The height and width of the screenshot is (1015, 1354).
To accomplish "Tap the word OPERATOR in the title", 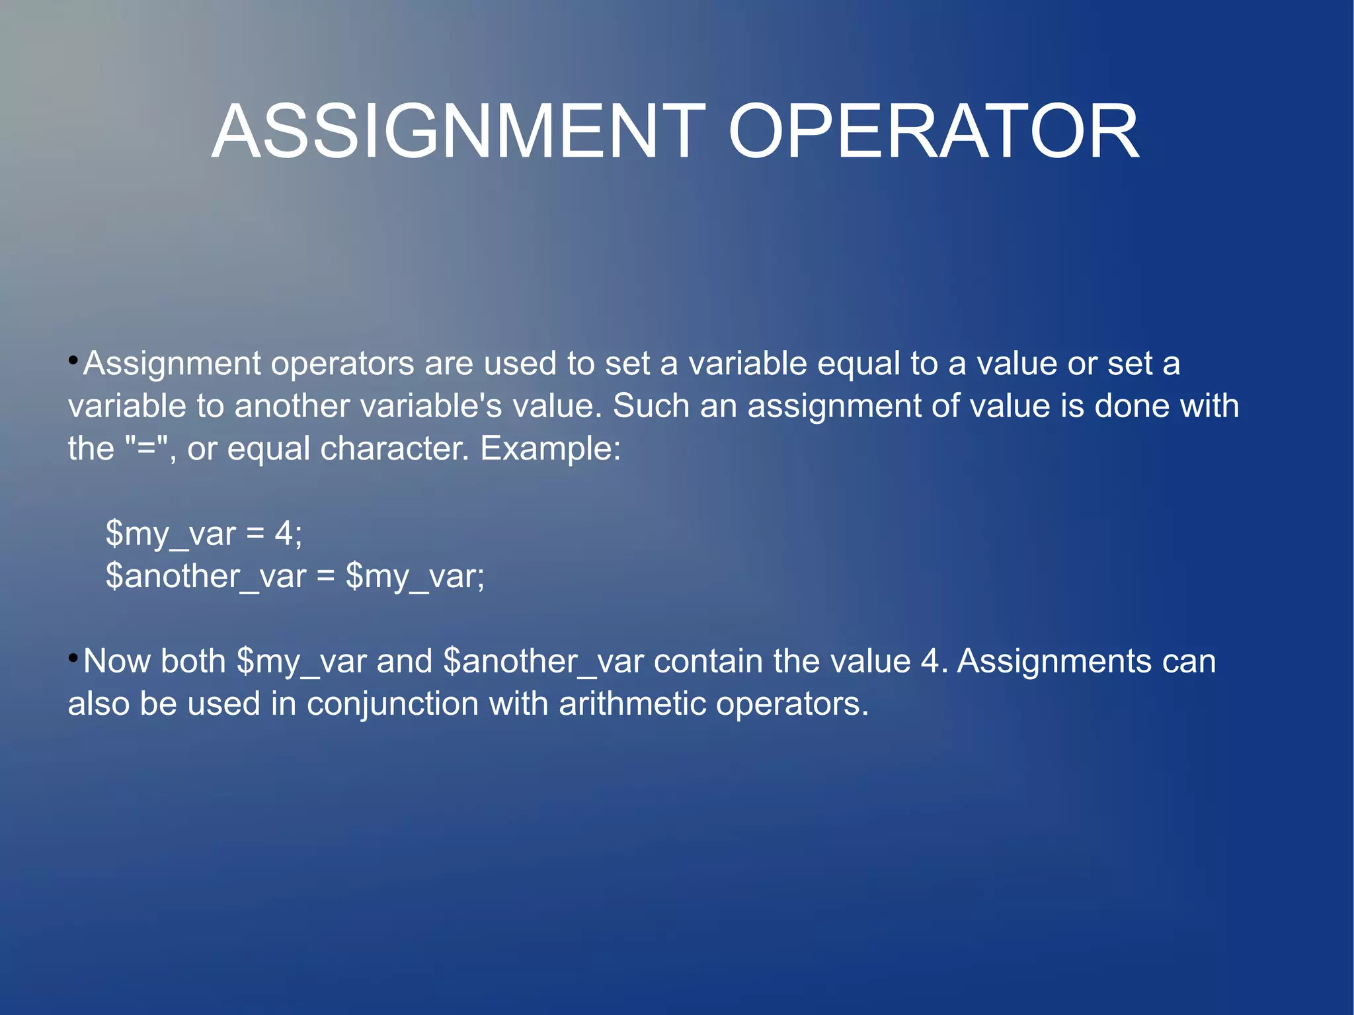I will [933, 132].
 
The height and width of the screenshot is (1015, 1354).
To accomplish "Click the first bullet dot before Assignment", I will [73, 361].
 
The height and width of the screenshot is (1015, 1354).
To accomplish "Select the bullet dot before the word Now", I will [73, 658].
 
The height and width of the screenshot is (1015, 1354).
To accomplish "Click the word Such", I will [651, 405].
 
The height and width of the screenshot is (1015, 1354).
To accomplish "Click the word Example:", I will [550, 449].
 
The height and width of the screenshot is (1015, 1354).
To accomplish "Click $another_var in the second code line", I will [206, 577].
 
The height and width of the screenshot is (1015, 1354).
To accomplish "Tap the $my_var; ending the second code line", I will [415, 577].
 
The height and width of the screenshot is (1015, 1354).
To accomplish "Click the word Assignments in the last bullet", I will [1054, 661].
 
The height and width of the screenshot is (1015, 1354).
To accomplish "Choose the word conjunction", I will [393, 704].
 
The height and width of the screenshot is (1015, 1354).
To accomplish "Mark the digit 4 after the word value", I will [930, 661].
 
